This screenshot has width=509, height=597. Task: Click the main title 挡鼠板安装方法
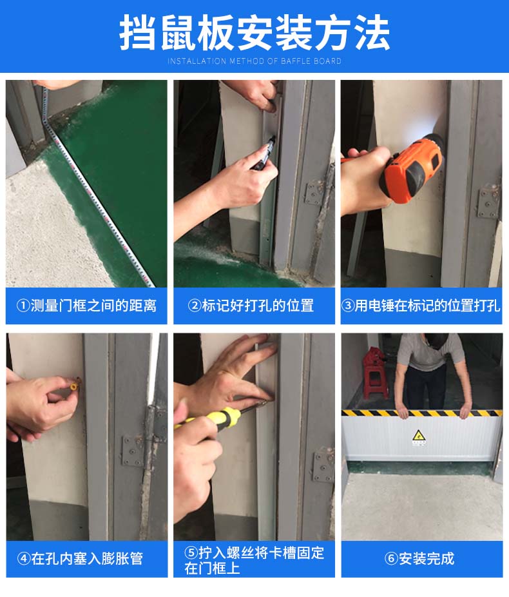(x=254, y=32)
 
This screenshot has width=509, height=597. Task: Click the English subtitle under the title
(x=254, y=61)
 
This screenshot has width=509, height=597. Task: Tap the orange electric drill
(x=413, y=168)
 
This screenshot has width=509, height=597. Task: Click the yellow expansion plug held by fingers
(x=74, y=384)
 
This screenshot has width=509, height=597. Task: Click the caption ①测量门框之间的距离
(x=86, y=306)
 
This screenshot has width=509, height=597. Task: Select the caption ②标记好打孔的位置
(x=251, y=306)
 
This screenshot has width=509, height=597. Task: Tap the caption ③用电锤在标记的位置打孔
(x=421, y=306)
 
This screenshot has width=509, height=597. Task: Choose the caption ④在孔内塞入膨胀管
(x=80, y=558)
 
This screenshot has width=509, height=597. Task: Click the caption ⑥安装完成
(x=419, y=558)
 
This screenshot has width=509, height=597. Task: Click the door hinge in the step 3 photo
(x=489, y=202)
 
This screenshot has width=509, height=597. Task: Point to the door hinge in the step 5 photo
(x=323, y=465)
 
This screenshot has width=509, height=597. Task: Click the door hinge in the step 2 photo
(x=316, y=192)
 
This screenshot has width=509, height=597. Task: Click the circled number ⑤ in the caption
(x=191, y=553)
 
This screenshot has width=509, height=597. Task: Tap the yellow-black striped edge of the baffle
(x=421, y=413)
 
